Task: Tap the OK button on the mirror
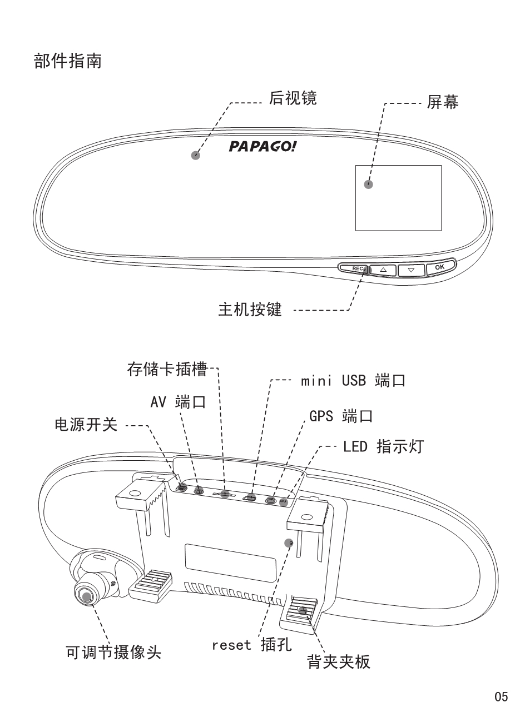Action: [x=440, y=267]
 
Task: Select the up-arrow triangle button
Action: [x=383, y=270]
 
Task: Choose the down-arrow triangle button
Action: [x=411, y=270]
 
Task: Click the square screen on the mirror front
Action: [x=398, y=198]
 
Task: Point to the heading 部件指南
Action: [x=68, y=61]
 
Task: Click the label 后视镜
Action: [x=293, y=98]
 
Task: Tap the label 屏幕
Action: [x=443, y=102]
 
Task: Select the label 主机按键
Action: [x=250, y=309]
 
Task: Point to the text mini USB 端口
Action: [x=353, y=381]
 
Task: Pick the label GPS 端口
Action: [x=340, y=416]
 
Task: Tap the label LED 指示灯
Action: [x=383, y=446]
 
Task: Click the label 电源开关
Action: [x=86, y=425]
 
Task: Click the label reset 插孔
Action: [x=251, y=645]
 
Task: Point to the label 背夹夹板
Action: [x=339, y=662]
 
